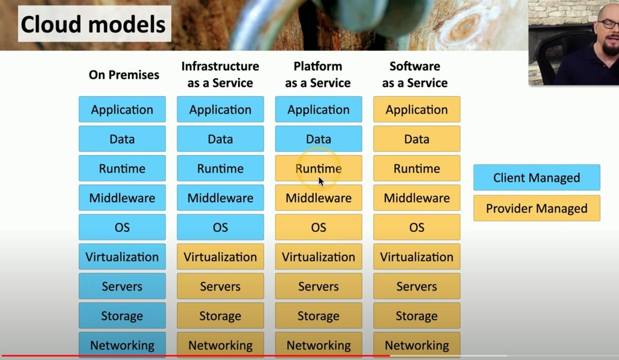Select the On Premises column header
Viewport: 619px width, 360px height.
124,75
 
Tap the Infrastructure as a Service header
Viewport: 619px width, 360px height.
220,75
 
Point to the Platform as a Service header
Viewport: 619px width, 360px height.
318,75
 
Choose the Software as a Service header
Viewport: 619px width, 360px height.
415,75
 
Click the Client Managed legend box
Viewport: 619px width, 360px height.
536,177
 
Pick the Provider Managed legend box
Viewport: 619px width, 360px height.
536,208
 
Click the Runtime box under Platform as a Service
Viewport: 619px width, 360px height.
319,168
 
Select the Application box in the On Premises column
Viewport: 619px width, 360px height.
122,109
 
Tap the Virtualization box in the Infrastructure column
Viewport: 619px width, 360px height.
220,257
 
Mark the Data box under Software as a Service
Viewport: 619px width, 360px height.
417,139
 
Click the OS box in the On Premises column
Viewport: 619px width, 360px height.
122,227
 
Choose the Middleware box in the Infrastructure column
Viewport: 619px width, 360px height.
220,198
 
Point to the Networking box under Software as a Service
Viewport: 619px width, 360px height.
417,345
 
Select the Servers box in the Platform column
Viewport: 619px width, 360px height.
319,286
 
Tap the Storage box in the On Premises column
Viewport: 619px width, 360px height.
122,316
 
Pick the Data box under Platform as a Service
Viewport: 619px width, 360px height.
319,139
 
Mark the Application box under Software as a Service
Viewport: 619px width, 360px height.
417,109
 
